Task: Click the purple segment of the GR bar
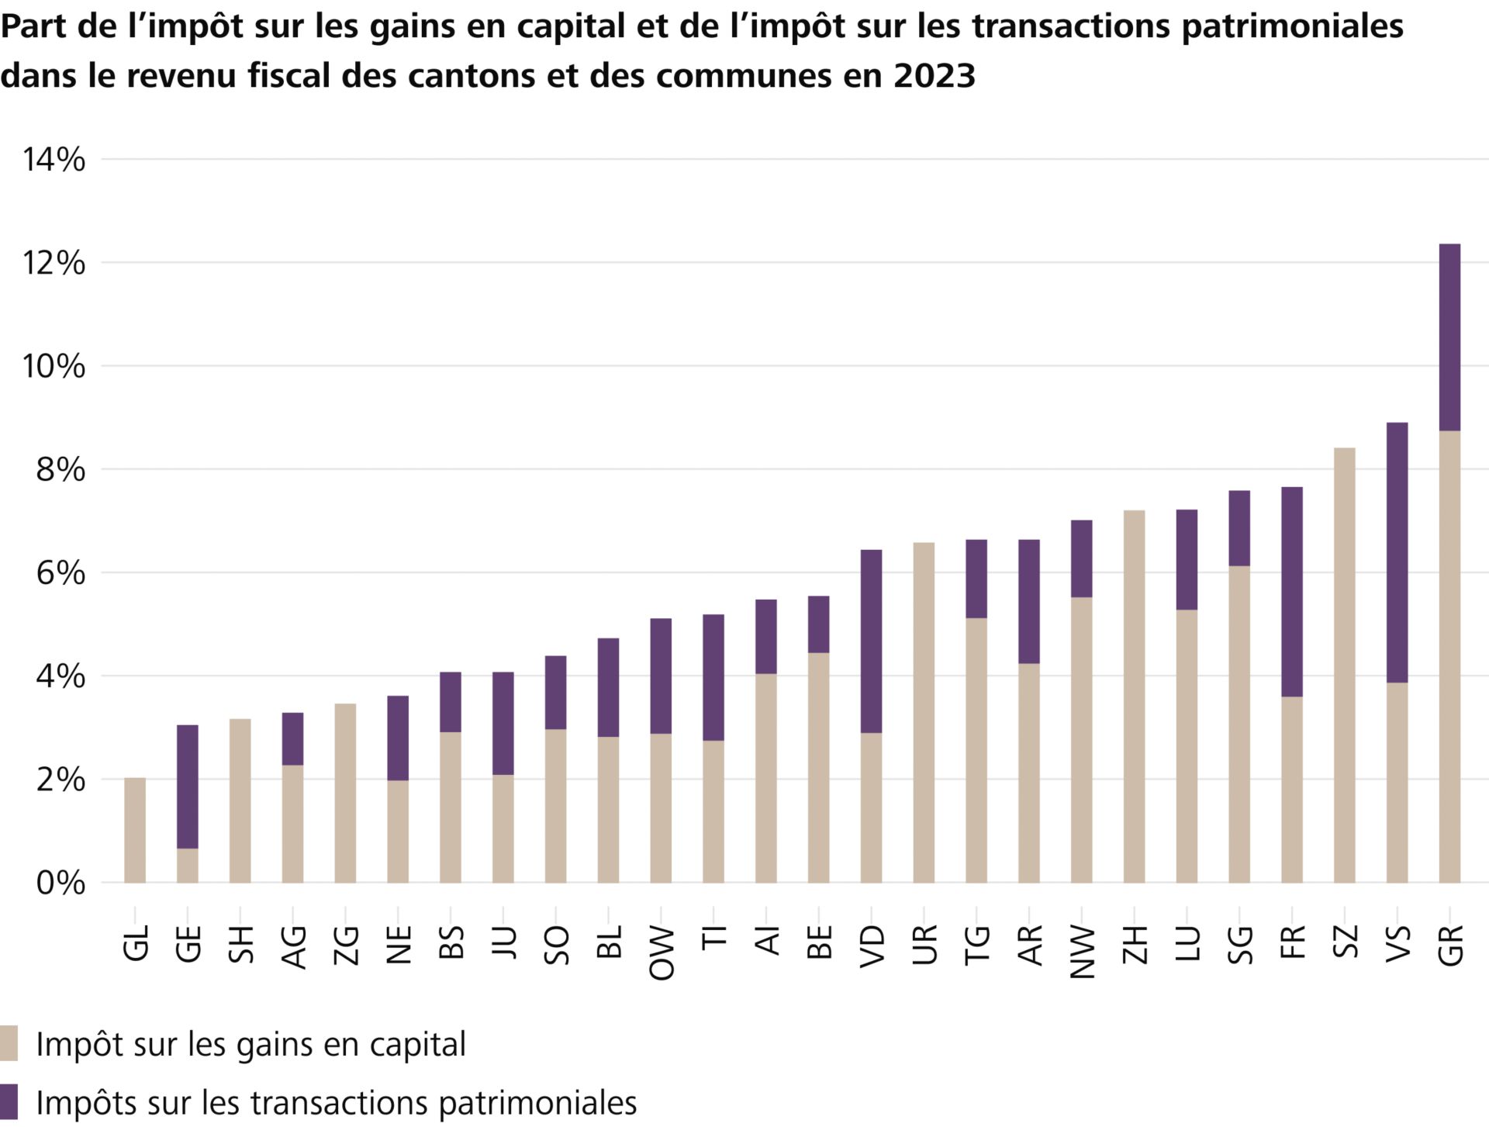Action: (x=1449, y=337)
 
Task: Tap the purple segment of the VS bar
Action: (x=1397, y=552)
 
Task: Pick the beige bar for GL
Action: (x=135, y=830)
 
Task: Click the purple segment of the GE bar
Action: (x=188, y=786)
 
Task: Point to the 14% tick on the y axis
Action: (x=54, y=160)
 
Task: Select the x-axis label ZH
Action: (x=1135, y=944)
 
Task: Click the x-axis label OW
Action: (x=662, y=952)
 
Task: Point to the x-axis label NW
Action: (x=1082, y=952)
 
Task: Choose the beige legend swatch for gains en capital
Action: (x=9, y=1043)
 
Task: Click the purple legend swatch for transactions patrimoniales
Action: (x=9, y=1101)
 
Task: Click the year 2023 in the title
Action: (x=934, y=76)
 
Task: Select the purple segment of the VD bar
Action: (x=871, y=641)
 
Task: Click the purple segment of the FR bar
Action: (x=1291, y=591)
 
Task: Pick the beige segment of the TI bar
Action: (x=713, y=811)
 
